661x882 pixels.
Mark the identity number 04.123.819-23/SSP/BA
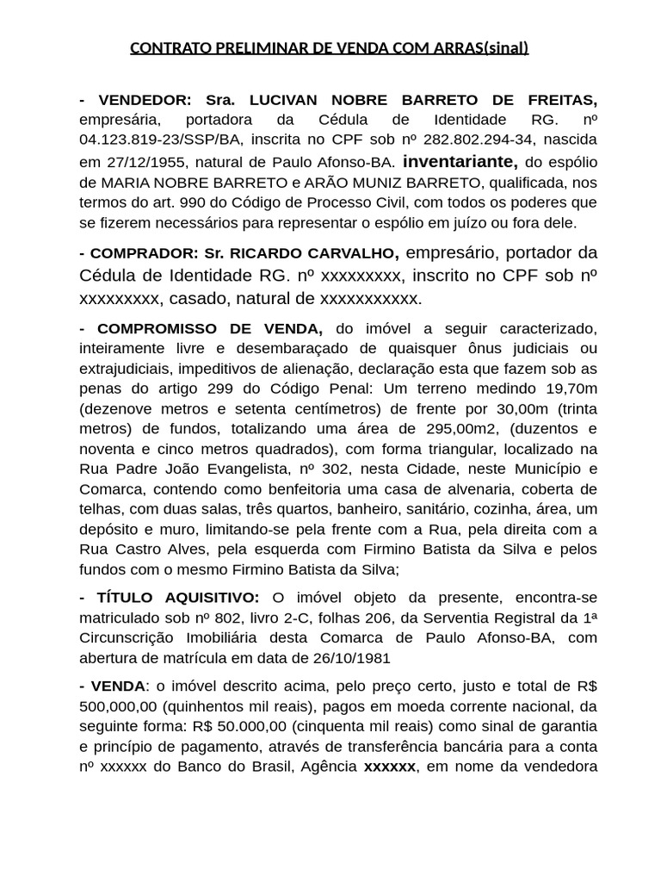162,140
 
